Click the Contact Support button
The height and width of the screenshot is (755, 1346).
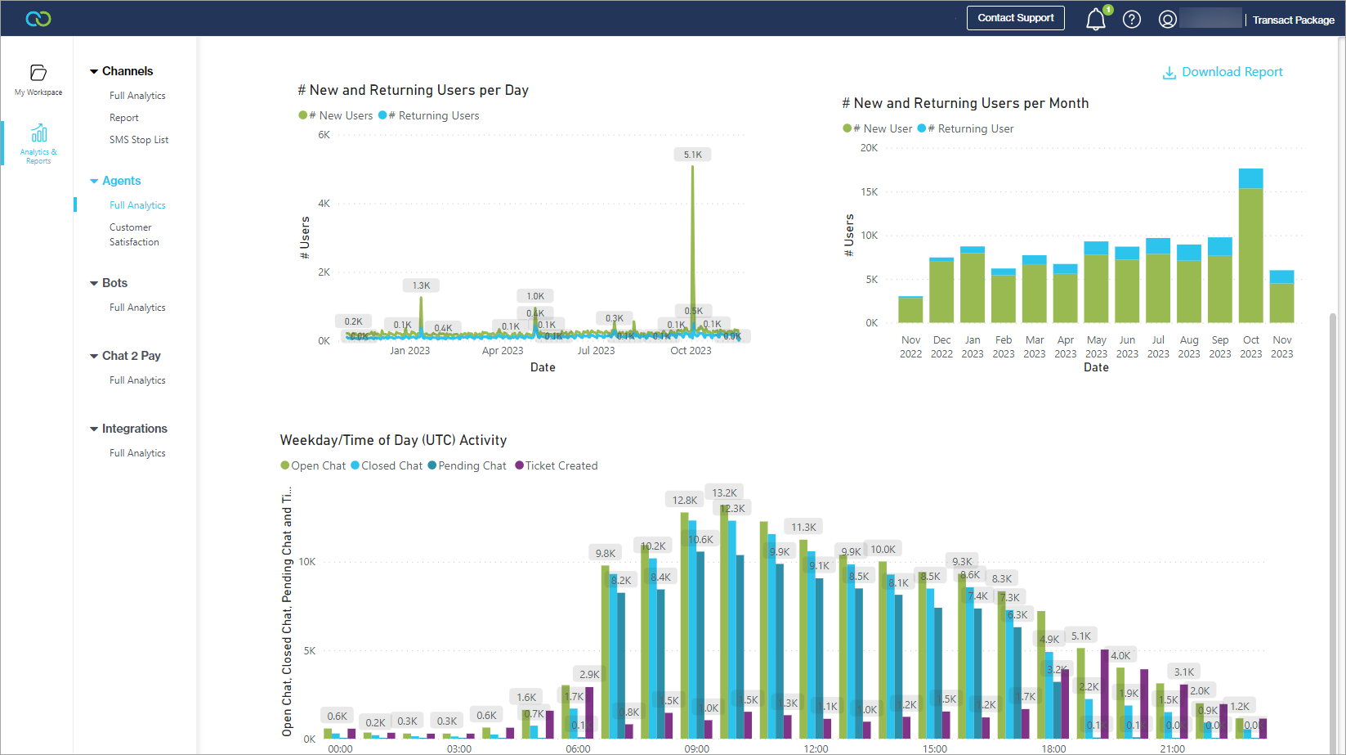[x=1015, y=18]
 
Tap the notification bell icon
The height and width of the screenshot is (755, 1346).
[x=1095, y=19]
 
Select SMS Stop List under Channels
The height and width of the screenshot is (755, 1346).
[x=139, y=140]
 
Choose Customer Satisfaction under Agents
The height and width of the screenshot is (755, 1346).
[x=134, y=235]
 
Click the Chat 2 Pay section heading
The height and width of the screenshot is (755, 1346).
[x=131, y=356]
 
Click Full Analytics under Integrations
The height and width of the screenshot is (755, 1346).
[x=137, y=453]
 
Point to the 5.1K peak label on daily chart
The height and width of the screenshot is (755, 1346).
[x=692, y=155]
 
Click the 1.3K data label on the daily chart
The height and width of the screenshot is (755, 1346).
[x=421, y=285]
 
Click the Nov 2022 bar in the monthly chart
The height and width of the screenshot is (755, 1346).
[x=910, y=310]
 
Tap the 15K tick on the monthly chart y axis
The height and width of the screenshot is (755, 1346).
[x=869, y=192]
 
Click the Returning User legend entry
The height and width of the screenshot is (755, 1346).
[x=969, y=128]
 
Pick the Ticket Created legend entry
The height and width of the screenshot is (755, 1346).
[x=561, y=465]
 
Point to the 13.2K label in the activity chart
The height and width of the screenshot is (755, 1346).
[x=724, y=492]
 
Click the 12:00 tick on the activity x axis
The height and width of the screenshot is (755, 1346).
[x=816, y=748]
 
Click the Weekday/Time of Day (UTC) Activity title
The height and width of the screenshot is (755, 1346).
[x=393, y=440]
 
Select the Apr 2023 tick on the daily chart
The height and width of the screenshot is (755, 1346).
[x=502, y=351]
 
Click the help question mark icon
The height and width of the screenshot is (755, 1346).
[x=1131, y=20]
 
